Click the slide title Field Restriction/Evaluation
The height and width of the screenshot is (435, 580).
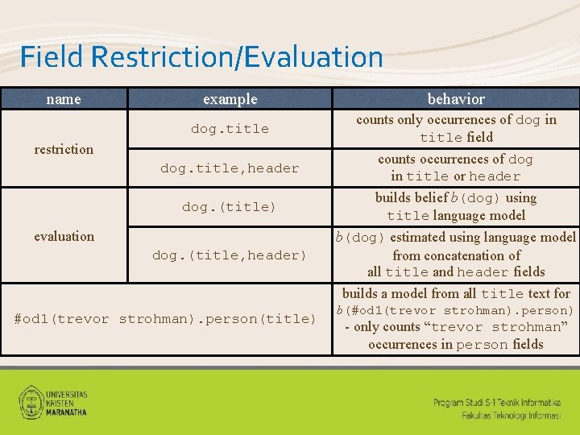[201, 56]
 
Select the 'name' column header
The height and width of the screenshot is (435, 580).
[64, 99]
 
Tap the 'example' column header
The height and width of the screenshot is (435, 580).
[230, 99]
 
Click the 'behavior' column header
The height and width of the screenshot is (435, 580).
[456, 99]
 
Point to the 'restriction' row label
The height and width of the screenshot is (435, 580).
[64, 149]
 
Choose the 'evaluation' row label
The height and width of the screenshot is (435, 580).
[64, 236]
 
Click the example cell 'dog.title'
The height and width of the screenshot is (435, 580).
[230, 129]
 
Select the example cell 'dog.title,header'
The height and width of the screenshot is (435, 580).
[230, 168]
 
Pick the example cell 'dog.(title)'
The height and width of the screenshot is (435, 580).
[230, 207]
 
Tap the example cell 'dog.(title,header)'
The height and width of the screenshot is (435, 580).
[230, 255]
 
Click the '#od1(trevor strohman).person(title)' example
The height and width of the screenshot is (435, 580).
[166, 319]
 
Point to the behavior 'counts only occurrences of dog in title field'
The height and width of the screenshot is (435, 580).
[456, 128]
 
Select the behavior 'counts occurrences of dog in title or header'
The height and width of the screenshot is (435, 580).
[456, 168]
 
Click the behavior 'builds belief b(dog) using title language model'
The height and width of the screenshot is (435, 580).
[456, 206]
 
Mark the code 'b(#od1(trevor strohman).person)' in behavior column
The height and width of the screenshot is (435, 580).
[455, 311]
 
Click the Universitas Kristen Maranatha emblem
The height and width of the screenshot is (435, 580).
[32, 400]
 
